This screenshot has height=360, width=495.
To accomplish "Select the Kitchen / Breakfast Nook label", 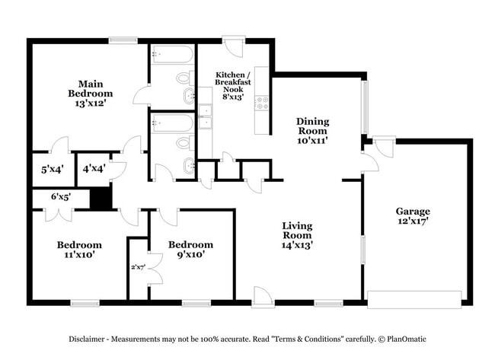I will click(x=232, y=81).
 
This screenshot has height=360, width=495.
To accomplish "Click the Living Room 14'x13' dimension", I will click(x=298, y=245).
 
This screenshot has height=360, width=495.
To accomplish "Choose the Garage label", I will click(x=413, y=211).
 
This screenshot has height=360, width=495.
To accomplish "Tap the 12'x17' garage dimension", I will click(x=413, y=222).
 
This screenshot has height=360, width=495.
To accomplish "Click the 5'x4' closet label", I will click(x=51, y=170).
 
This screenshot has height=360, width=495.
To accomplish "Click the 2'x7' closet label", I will click(x=137, y=267).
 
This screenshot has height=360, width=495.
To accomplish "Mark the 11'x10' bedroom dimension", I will click(x=79, y=256).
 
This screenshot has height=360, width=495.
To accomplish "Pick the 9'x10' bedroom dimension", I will click(x=190, y=256).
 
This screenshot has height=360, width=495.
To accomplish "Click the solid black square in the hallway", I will click(x=101, y=198).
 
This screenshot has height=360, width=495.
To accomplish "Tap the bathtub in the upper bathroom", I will click(x=172, y=56).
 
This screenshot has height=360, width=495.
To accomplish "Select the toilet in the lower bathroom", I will click(x=184, y=142).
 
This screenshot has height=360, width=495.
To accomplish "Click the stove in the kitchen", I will click(x=261, y=101).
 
